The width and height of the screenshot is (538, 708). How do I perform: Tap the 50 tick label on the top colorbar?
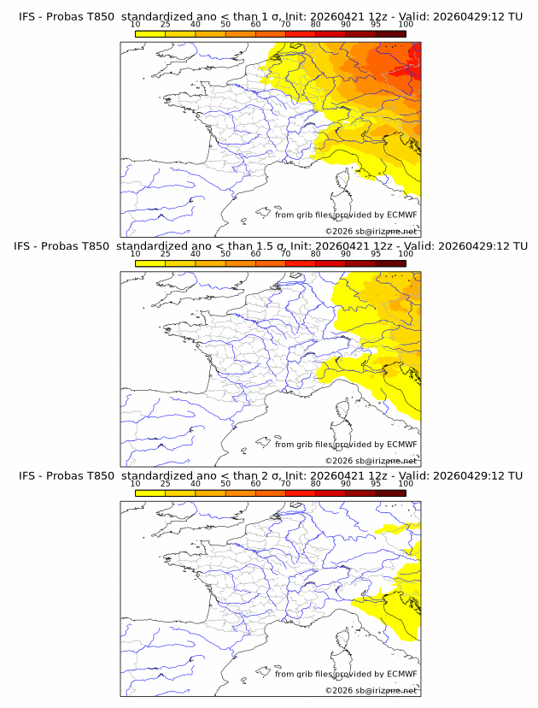point(225,24)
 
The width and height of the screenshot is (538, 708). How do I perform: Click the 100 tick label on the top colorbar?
point(406,24)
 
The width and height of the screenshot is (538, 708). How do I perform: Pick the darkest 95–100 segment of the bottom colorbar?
point(390,493)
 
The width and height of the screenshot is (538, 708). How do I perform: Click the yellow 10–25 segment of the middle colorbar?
point(150,263)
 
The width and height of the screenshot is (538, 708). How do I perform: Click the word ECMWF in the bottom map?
point(402,674)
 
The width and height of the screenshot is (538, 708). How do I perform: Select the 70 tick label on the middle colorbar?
point(285,253)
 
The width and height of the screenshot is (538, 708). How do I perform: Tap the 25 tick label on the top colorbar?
point(165,24)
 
